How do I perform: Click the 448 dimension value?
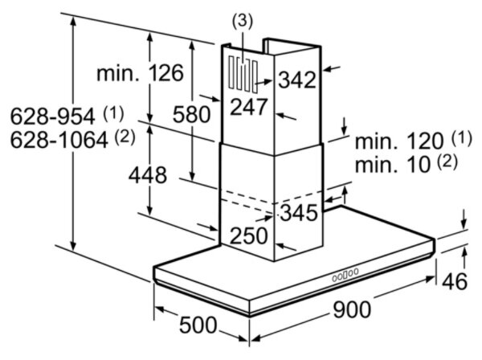click(147, 174)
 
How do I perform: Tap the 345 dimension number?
click(298, 213)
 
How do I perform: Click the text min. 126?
click(140, 73)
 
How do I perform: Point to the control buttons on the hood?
click(345, 275)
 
